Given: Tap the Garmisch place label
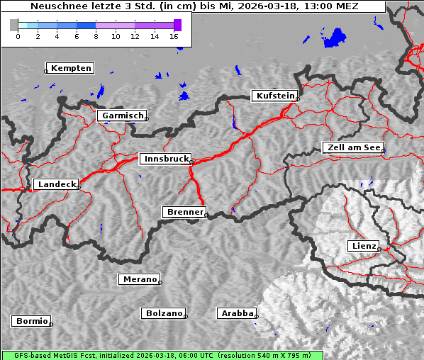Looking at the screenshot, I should (x=123, y=116).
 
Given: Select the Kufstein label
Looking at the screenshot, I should (x=275, y=96).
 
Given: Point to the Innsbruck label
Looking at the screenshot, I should (x=165, y=159).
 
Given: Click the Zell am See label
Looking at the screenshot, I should (x=353, y=147).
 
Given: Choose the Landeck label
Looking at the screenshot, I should (x=56, y=184).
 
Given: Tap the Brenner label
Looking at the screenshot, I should (x=185, y=212).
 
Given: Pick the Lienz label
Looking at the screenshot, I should (x=364, y=246).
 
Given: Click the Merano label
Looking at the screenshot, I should (x=139, y=279).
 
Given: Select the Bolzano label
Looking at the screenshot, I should (x=164, y=313).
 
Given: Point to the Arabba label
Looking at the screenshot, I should (x=236, y=313).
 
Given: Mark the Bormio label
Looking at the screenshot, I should (x=32, y=321).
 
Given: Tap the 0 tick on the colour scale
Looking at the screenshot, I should (x=18, y=35).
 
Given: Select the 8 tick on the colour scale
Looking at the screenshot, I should (x=96, y=35).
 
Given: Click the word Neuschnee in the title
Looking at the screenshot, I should (x=56, y=6).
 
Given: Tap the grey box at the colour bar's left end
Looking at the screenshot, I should (x=13, y=25).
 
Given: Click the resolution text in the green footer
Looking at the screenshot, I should (x=264, y=355).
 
